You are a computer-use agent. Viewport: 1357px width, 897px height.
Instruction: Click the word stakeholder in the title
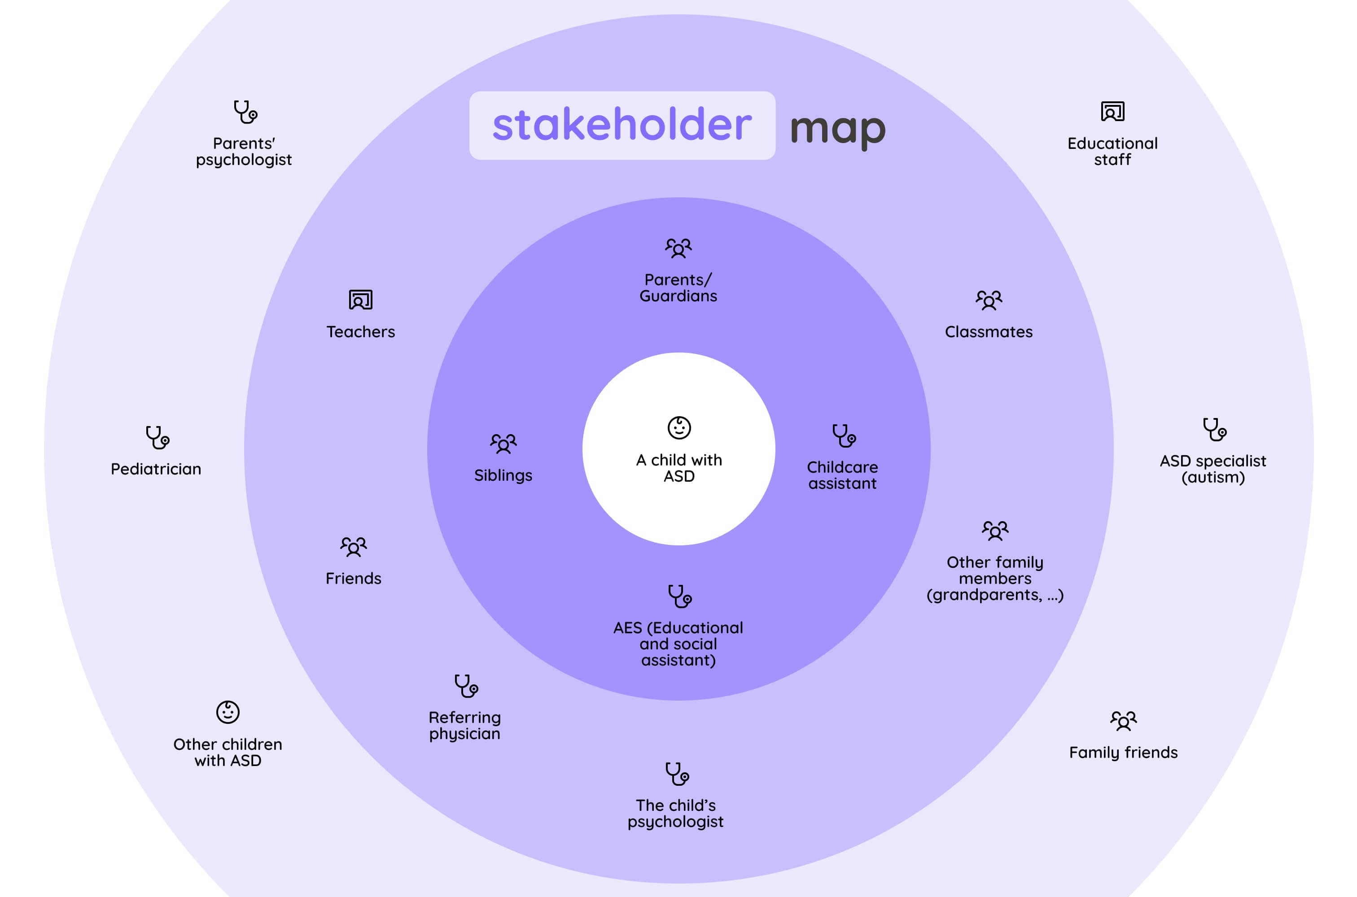[622, 125]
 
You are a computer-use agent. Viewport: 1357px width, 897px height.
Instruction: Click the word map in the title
[837, 129]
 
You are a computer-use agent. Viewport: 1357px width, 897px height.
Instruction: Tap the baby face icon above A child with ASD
[679, 427]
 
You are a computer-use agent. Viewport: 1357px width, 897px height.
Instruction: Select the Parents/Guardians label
[678, 288]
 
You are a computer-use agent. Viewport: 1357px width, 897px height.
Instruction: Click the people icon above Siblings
[503, 444]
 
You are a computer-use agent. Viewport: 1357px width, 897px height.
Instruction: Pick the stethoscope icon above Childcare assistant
[844, 436]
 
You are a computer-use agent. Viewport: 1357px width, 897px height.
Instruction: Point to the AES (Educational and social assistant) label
[678, 644]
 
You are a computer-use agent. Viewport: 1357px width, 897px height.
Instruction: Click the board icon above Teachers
[361, 300]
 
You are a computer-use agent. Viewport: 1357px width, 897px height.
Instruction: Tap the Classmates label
[989, 332]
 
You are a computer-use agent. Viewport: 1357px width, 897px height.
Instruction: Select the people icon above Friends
[353, 546]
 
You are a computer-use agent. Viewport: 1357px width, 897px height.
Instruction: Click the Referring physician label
[465, 725]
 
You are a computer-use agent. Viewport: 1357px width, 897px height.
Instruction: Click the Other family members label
[995, 579]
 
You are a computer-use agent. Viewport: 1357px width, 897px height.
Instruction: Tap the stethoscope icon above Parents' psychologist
[245, 112]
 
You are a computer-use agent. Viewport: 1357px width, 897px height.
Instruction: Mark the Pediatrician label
[156, 469]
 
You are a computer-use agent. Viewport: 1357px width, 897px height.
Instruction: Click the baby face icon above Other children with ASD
[228, 712]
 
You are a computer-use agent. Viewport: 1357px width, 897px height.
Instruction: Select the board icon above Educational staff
[1112, 112]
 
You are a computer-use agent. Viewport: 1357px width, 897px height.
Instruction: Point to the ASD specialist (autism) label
[1213, 469]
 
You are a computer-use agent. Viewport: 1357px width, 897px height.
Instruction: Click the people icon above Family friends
[1123, 721]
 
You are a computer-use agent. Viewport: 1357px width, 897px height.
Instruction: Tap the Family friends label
[1123, 752]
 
